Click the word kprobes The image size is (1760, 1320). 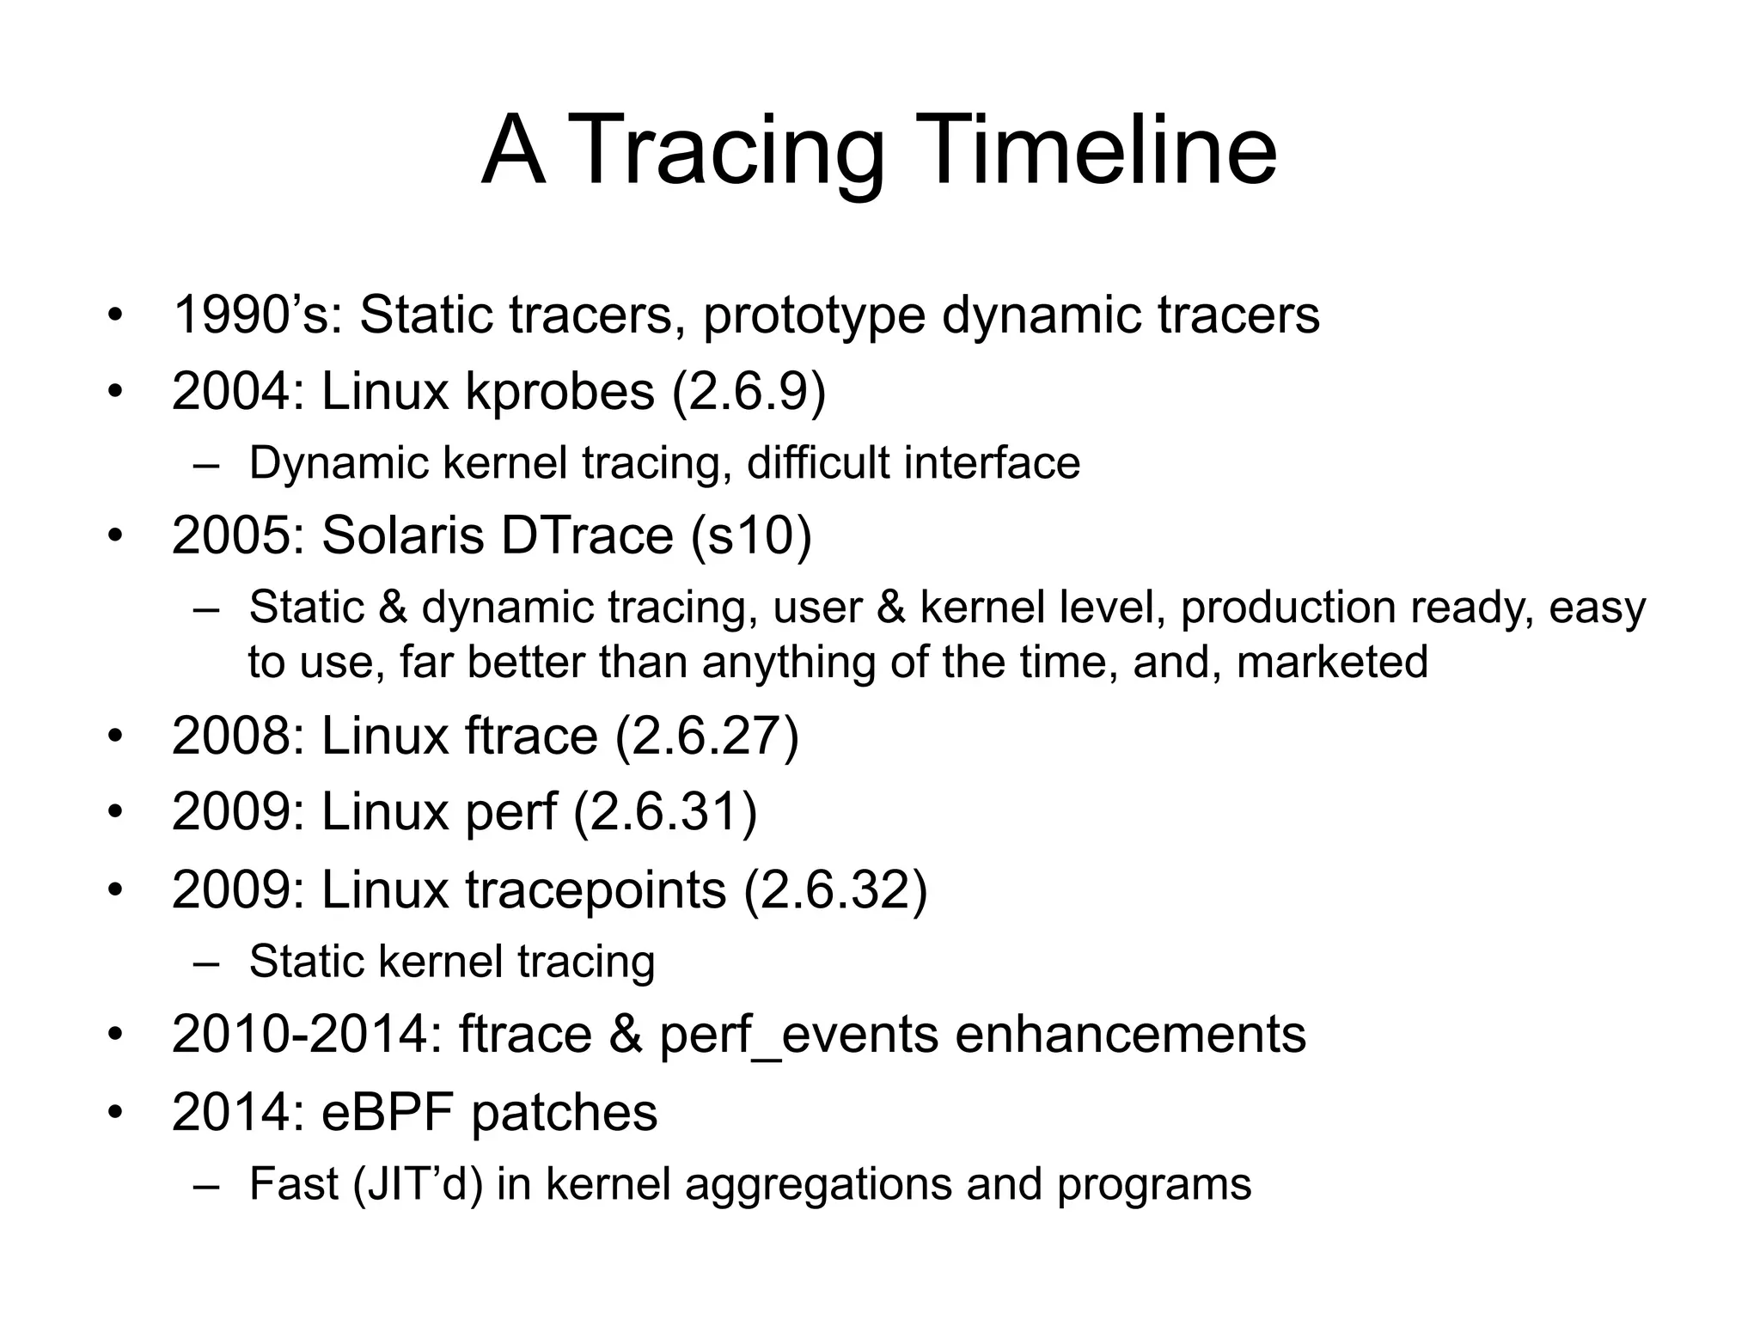(559, 392)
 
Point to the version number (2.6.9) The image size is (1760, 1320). (749, 392)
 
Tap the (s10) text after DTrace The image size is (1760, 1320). (750, 535)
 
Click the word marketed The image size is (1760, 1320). (1331, 663)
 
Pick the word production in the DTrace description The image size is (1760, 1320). (1288, 608)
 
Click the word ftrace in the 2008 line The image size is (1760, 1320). (531, 736)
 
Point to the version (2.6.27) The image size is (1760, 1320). (706, 736)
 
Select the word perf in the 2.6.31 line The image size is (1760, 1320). (510, 812)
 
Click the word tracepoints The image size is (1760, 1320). (596, 889)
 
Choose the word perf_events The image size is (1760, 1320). (799, 1036)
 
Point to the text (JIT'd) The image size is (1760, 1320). (418, 1184)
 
